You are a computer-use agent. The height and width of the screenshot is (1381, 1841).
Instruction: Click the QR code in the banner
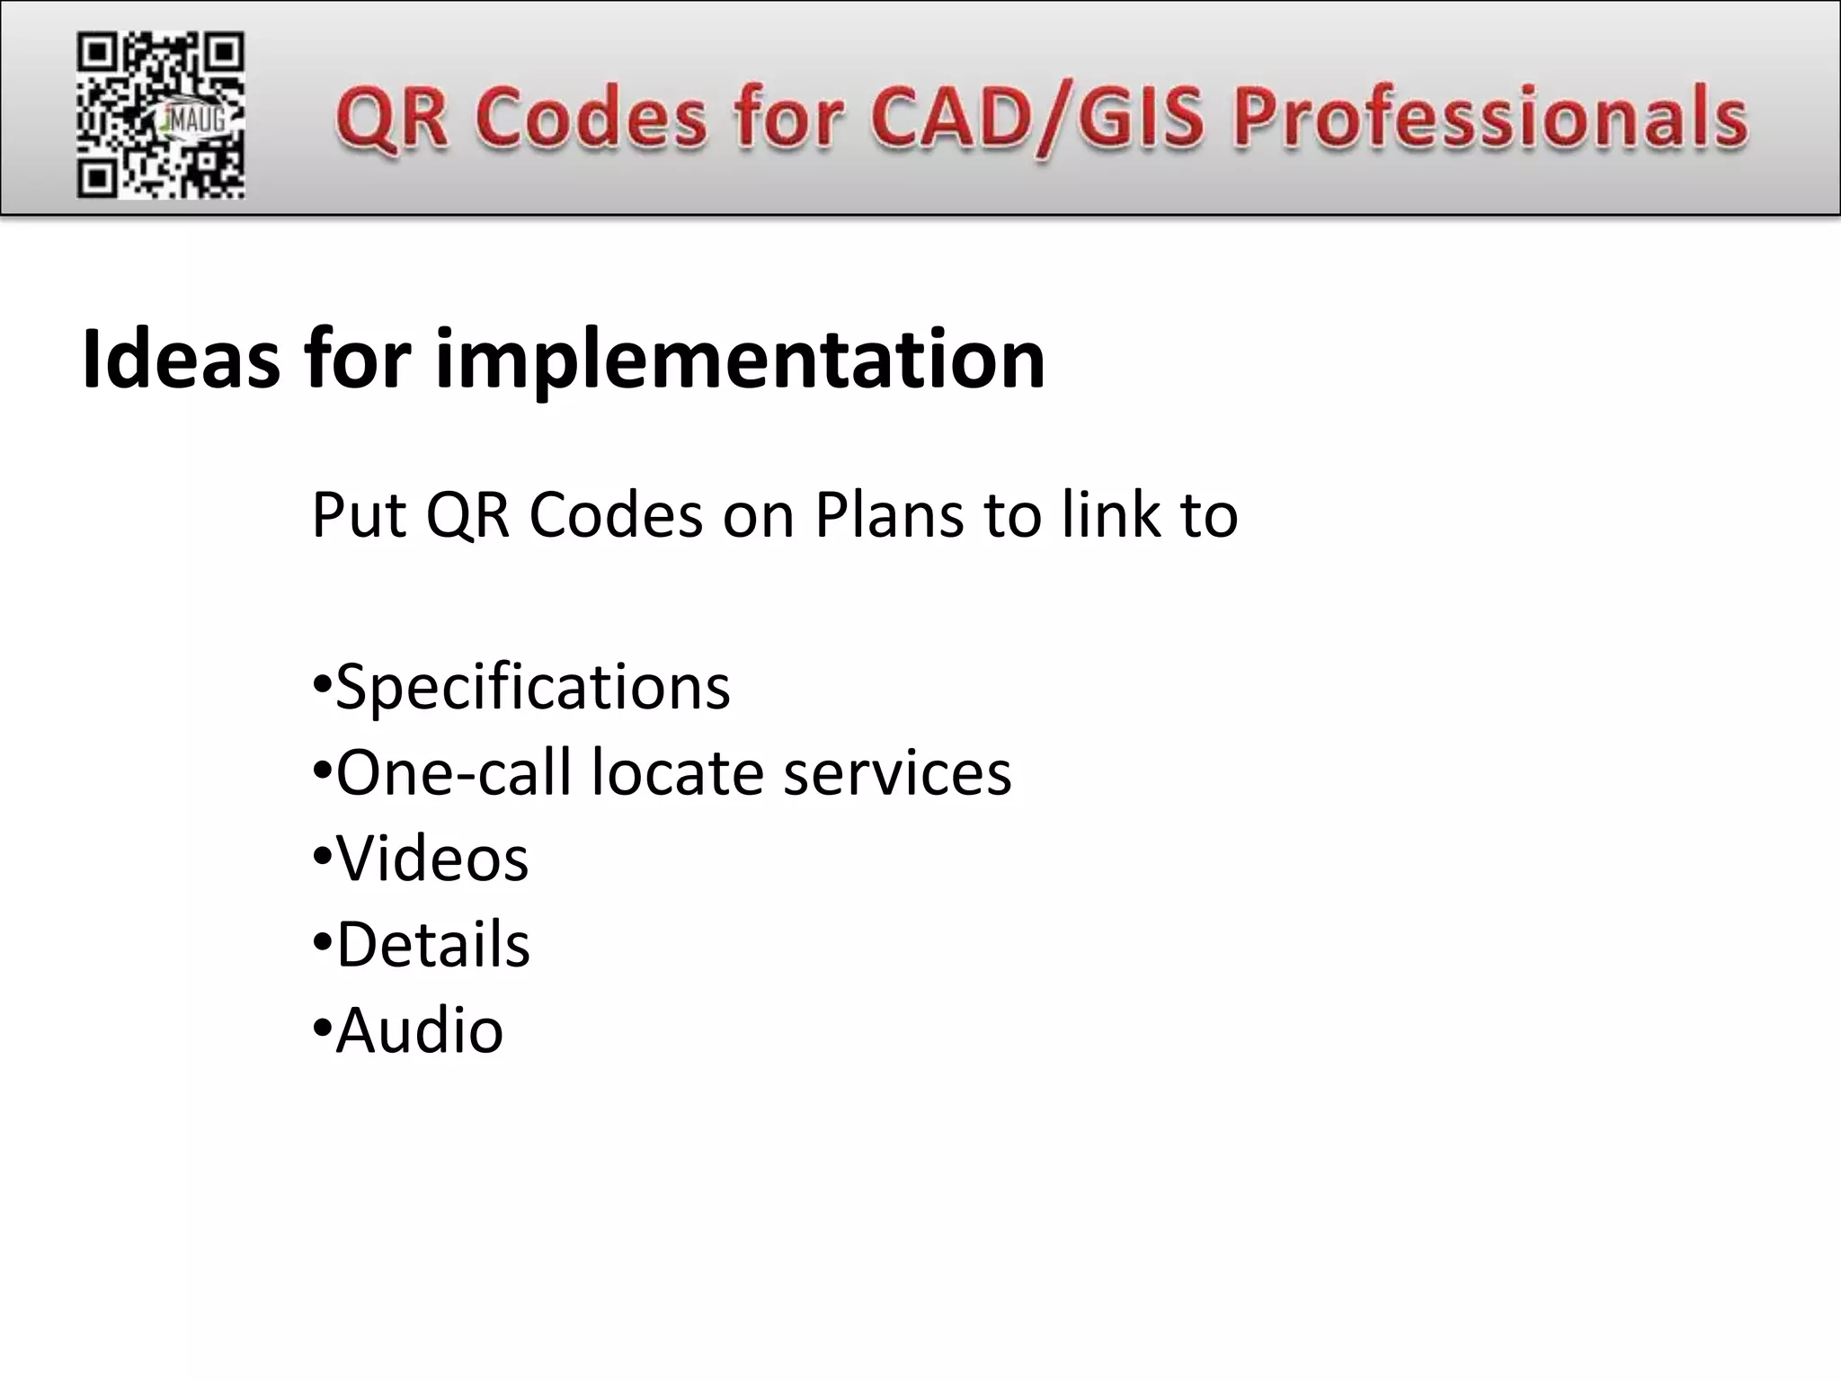point(160,114)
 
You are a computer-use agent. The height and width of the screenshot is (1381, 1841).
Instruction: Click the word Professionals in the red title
point(1490,117)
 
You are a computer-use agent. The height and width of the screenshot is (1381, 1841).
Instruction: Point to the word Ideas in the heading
point(181,360)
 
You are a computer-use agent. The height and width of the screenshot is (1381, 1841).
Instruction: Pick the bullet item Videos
point(431,859)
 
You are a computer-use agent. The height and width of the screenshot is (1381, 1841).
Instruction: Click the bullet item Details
point(433,945)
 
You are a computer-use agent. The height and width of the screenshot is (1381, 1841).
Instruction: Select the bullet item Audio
point(419,1030)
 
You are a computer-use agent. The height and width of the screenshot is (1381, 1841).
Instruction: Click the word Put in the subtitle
point(359,515)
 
